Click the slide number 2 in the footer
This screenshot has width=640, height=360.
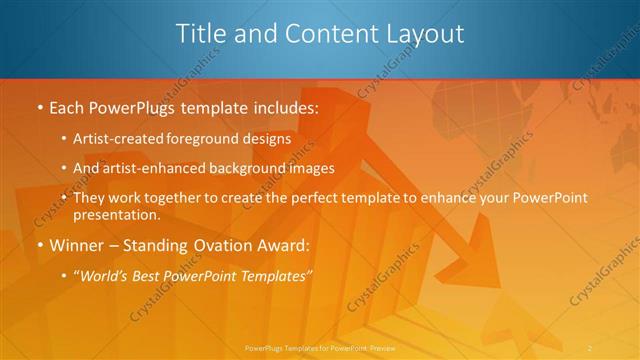click(x=591, y=347)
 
